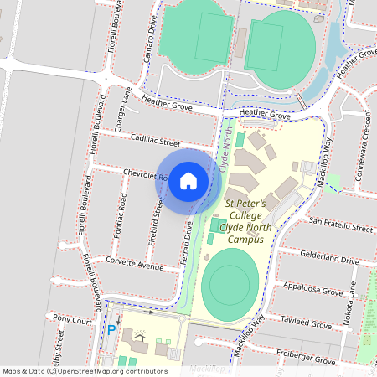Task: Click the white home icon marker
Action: pos(188,179)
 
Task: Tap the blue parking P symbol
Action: pos(111,331)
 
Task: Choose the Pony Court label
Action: pos(71,319)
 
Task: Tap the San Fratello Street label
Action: pos(341,226)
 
